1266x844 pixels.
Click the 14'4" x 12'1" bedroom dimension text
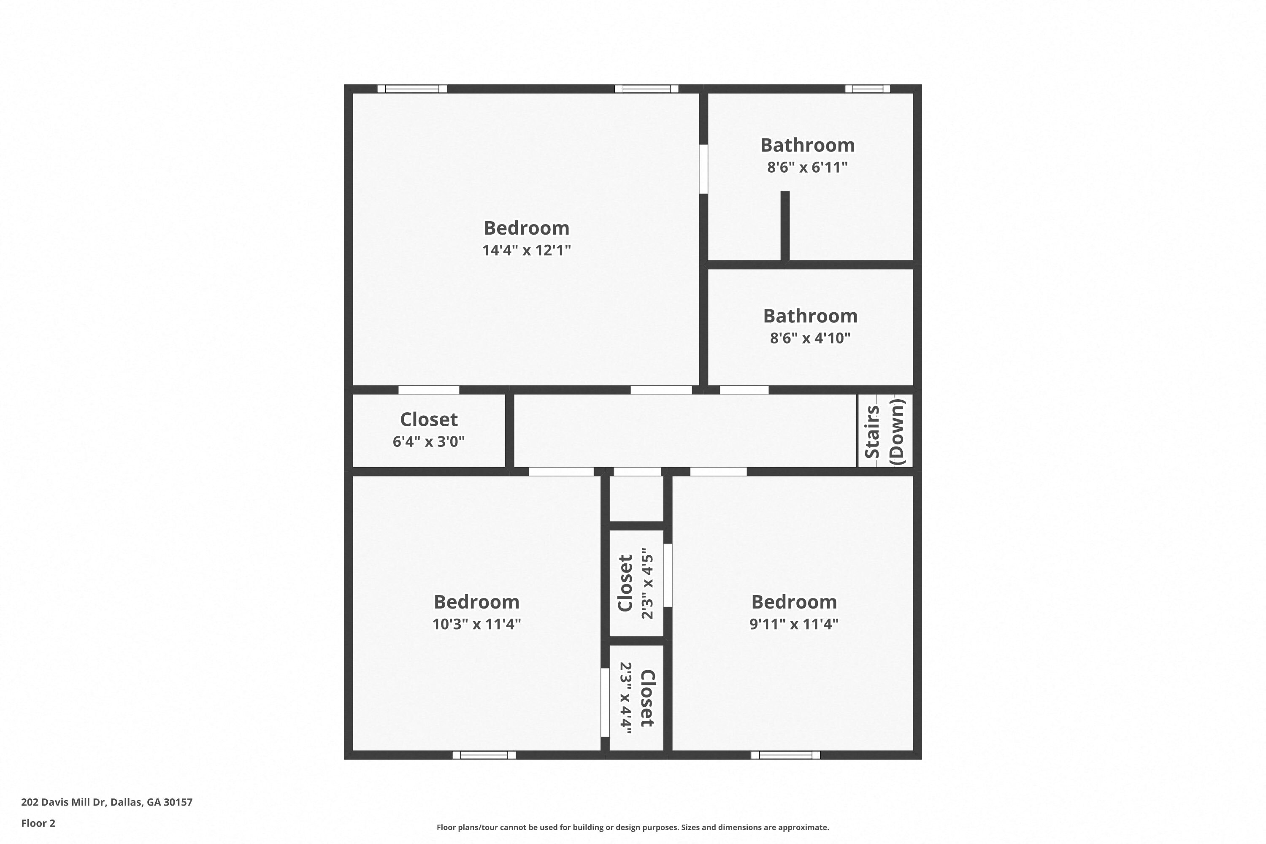[x=526, y=250]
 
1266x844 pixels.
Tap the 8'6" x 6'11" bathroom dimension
[x=807, y=168]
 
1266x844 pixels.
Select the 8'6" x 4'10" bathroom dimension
[x=810, y=338]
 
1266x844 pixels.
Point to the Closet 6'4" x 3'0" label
[x=428, y=430]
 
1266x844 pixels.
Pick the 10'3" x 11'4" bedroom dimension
[x=476, y=624]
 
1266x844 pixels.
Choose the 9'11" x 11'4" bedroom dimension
[x=794, y=624]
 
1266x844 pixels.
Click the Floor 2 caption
[x=38, y=823]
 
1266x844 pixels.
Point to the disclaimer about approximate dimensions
[x=633, y=827]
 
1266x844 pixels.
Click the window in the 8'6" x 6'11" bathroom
[x=868, y=89]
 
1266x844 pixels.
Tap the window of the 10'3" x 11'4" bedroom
[x=484, y=755]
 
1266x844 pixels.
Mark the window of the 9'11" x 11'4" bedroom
[x=785, y=755]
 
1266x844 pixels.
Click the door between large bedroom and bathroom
[x=703, y=169]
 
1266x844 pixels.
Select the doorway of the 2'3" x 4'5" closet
[x=668, y=576]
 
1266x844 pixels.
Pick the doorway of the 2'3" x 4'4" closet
[x=605, y=703]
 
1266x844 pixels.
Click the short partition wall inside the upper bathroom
[x=785, y=226]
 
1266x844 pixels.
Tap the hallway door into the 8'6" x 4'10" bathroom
[x=744, y=390]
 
